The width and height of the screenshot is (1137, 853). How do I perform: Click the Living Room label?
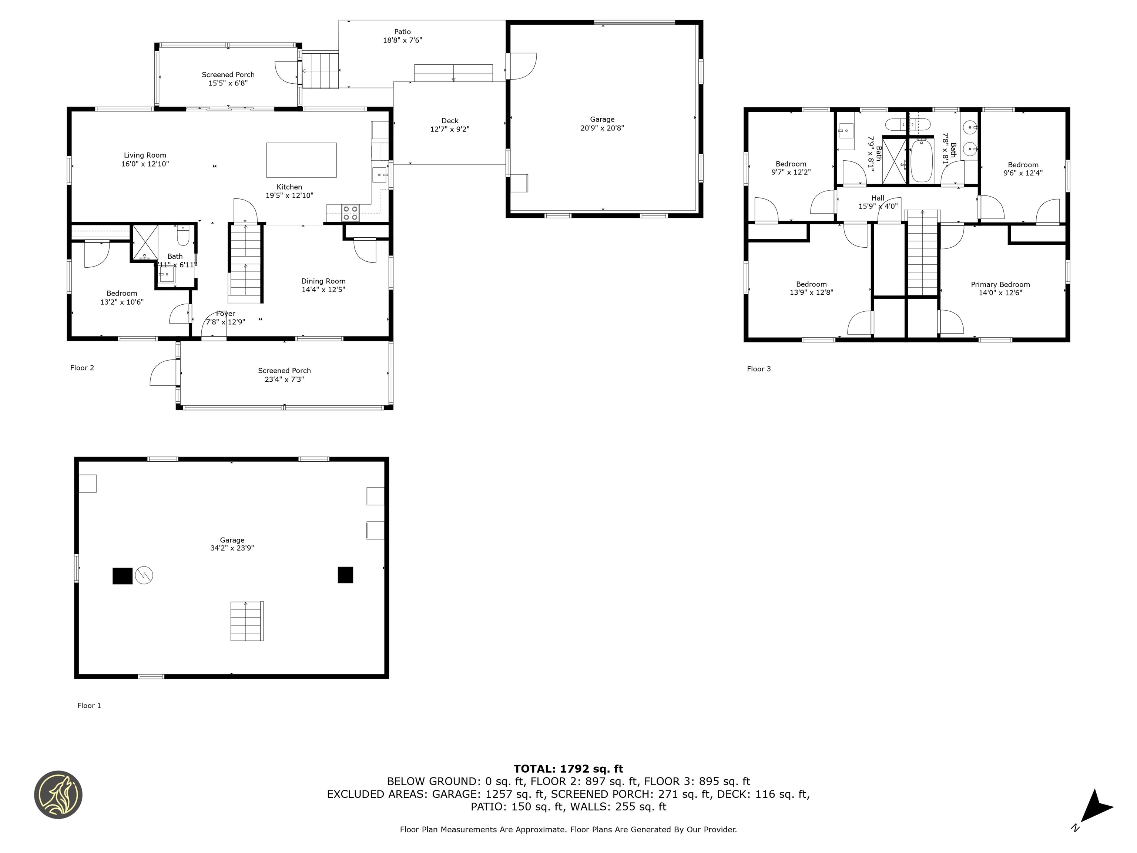click(x=145, y=155)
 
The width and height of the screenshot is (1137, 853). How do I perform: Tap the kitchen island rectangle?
click(x=301, y=160)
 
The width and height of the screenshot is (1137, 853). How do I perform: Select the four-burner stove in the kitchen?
click(x=351, y=213)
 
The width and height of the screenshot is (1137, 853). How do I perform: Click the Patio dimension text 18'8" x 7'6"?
click(x=402, y=40)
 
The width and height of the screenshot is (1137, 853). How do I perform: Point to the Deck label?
click(x=450, y=121)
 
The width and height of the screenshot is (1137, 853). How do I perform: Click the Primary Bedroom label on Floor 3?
click(x=1000, y=284)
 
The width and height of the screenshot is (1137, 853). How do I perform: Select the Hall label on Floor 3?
click(x=878, y=198)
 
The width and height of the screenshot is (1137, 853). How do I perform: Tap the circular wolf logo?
click(x=58, y=795)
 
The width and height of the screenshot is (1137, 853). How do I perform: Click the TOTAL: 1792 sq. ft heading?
click(x=568, y=769)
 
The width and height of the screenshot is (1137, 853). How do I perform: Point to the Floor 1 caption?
click(x=89, y=705)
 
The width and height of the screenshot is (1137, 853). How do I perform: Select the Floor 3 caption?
click(x=759, y=369)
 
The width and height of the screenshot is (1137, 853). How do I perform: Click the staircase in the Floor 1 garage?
click(x=247, y=621)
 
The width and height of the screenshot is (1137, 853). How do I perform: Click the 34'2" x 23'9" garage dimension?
click(x=232, y=548)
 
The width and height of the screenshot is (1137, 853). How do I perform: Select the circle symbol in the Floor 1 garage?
click(x=144, y=575)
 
